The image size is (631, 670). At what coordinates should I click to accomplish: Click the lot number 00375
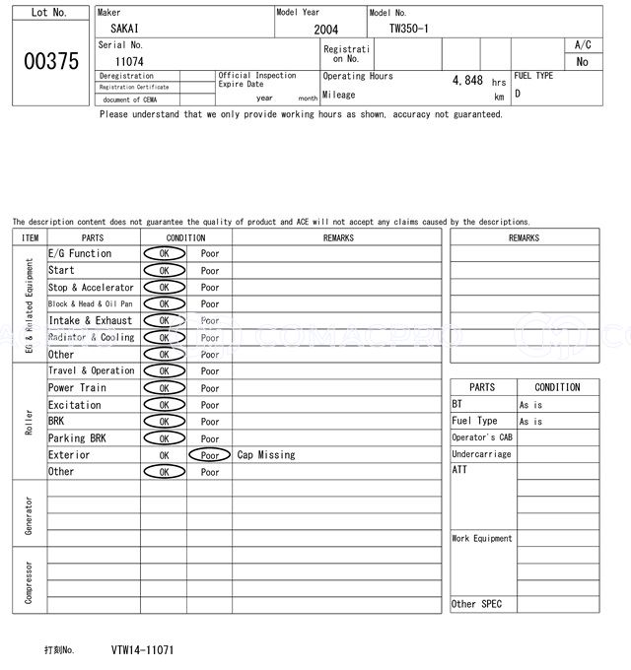coord(49,61)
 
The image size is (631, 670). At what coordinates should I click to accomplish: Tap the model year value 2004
coord(325,30)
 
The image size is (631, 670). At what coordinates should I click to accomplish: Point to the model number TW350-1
coord(408,29)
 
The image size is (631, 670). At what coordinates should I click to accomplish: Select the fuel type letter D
coord(518,94)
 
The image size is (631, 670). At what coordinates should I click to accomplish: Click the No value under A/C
coord(582,61)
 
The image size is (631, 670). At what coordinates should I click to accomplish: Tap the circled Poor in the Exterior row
coord(209,455)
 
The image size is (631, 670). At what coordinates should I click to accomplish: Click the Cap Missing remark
coord(266,455)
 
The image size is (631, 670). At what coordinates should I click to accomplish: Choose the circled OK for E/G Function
coord(164,254)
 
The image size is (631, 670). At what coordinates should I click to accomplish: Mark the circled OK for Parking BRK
coord(164,438)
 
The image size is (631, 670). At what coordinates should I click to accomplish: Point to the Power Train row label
coord(77,388)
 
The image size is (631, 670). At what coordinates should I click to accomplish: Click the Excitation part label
coord(75,405)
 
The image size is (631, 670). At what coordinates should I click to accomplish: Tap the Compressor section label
coord(30,580)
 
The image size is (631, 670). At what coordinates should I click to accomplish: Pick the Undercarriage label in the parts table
coord(481,454)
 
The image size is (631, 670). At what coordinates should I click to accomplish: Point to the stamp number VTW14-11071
coord(143,650)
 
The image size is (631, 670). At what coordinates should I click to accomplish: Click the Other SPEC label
coord(476,604)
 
